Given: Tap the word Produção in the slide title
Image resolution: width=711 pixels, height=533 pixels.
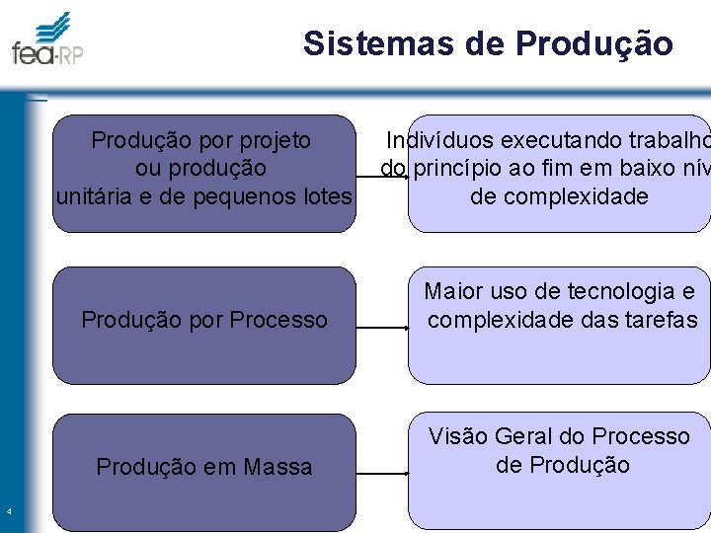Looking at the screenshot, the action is (593, 43).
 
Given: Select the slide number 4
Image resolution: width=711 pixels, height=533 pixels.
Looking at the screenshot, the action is (8, 511).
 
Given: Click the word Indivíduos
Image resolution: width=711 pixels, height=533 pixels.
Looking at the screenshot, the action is (440, 141).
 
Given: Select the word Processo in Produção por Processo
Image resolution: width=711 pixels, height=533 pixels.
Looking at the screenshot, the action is (277, 320).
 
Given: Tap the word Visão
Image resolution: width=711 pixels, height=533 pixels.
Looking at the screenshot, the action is (457, 436).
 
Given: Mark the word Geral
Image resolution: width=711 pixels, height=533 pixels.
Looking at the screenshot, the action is (524, 436).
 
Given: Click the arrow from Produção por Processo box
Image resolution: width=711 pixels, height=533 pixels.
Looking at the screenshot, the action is (381, 327).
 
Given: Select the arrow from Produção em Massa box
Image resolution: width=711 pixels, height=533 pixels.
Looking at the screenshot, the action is (381, 474).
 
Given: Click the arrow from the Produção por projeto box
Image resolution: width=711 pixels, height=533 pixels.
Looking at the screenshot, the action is (381, 177).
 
